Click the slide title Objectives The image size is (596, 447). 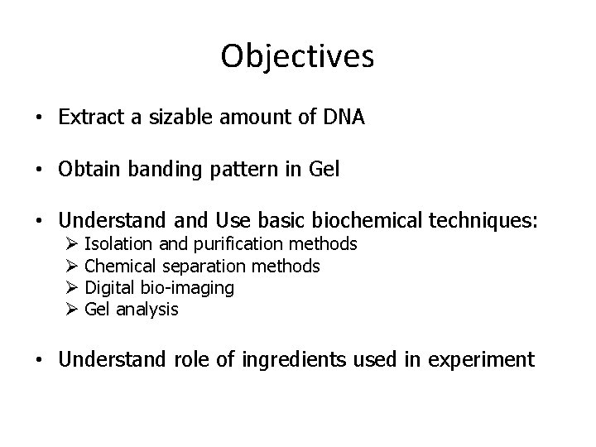298,56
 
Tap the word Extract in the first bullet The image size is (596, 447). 90,118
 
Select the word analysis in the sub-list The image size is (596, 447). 147,310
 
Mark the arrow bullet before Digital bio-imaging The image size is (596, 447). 70,288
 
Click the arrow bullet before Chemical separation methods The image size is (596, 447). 70,266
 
